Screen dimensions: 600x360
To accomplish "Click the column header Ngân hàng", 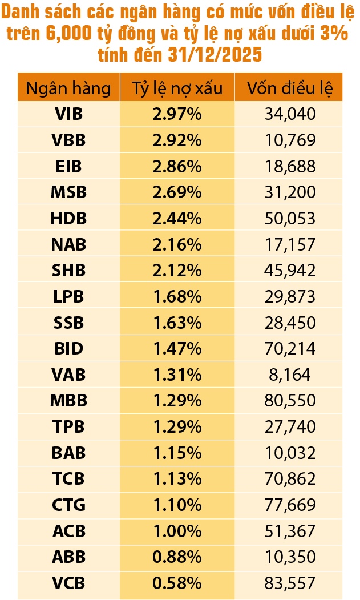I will tap(68, 88).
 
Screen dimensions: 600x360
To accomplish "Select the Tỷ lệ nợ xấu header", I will tap(177, 88).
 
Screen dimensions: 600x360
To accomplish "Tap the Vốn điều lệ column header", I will tap(290, 88).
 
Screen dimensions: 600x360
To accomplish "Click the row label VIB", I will tap(68, 114).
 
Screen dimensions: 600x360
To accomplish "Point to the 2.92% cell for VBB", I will tap(177, 140).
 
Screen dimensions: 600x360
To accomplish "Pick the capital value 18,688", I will tap(290, 167).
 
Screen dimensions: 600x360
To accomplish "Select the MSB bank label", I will tap(68, 192).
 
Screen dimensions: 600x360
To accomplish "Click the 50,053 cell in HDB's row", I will tap(290, 219).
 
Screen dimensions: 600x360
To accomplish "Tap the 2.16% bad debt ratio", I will tap(177, 245).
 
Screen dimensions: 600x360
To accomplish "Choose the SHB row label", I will tap(68, 271).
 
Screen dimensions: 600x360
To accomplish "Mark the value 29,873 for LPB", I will tap(290, 297).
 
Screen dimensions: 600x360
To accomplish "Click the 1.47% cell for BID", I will tap(177, 349).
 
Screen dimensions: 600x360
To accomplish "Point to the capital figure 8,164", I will tap(290, 375).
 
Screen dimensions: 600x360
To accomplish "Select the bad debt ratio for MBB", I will tap(177, 401).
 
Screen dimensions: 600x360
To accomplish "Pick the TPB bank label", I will tap(68, 427).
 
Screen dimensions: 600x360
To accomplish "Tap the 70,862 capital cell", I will tap(290, 479).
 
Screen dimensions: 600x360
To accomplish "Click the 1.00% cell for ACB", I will tap(177, 531).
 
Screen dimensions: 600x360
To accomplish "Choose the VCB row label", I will tap(68, 583).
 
